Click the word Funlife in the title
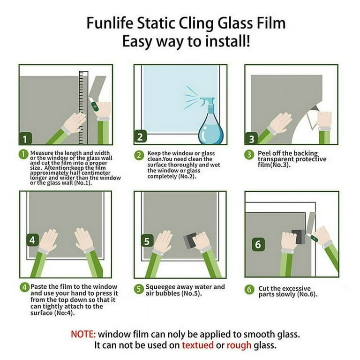point(110,23)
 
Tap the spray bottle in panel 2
point(211,124)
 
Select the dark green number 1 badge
point(25,138)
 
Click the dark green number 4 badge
point(32,240)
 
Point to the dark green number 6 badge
point(258,244)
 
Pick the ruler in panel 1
point(83,107)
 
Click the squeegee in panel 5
point(190,241)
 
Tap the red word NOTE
point(83,334)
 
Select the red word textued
point(197,345)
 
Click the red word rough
point(239,345)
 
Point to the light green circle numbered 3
point(249,155)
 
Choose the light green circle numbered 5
point(139,289)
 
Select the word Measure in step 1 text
point(42,153)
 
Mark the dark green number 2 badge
point(140,136)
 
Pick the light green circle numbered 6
point(249,290)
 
